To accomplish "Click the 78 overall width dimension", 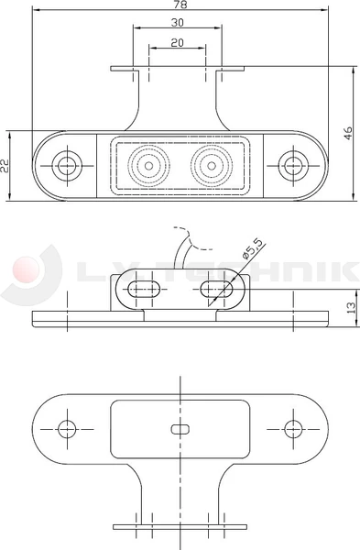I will coord(179,5).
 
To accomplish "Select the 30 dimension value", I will coord(177,21).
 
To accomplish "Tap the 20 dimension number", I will coord(177,43).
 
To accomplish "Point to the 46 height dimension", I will coord(349,132).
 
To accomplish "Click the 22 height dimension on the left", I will coord(6,166).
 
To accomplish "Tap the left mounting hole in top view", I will coord(65,166).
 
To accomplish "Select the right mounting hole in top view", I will coord(293,166).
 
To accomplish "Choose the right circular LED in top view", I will coord(211,166).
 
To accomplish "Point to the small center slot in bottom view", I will coord(180,428).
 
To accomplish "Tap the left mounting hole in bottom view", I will coord(65,428).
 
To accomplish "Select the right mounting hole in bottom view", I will coord(293,428).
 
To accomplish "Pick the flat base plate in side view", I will coord(180,318).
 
